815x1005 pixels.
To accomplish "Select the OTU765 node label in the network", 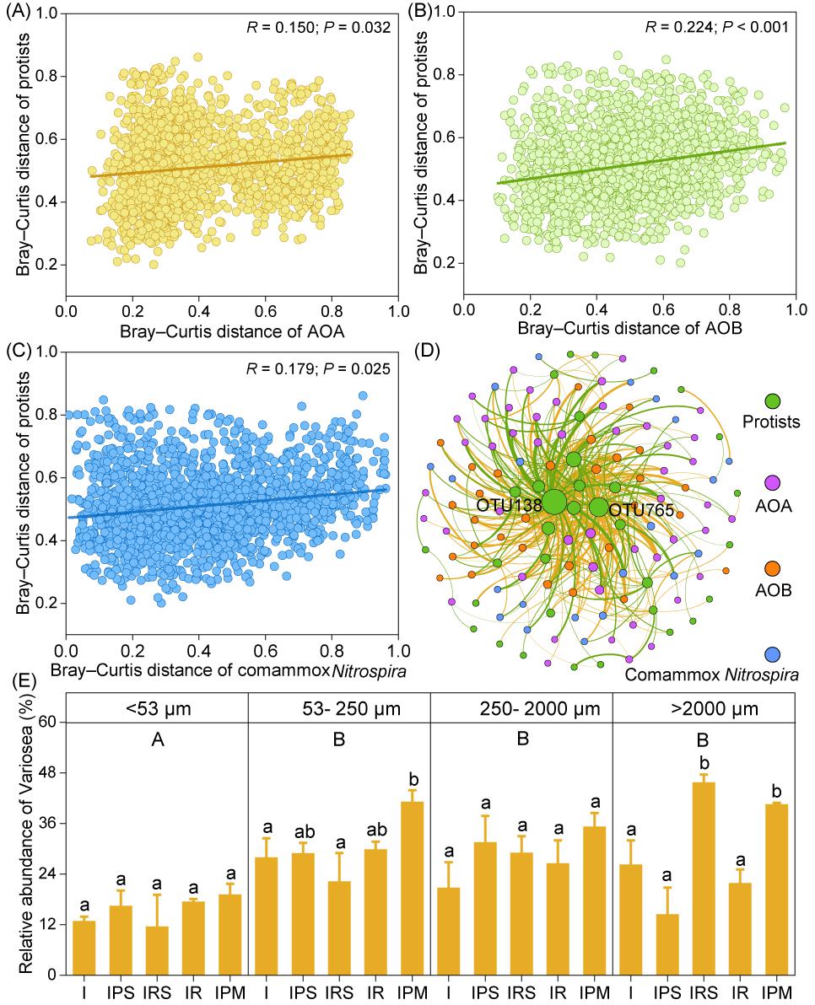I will tap(638, 510).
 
